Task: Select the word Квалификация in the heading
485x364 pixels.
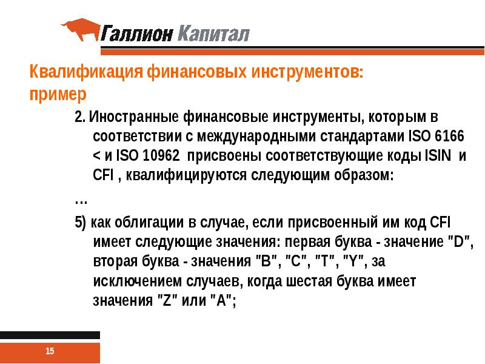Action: point(86,74)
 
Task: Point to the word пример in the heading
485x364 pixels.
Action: point(58,95)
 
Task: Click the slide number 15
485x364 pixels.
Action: point(50,351)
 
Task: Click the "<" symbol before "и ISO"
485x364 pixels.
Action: point(98,156)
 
